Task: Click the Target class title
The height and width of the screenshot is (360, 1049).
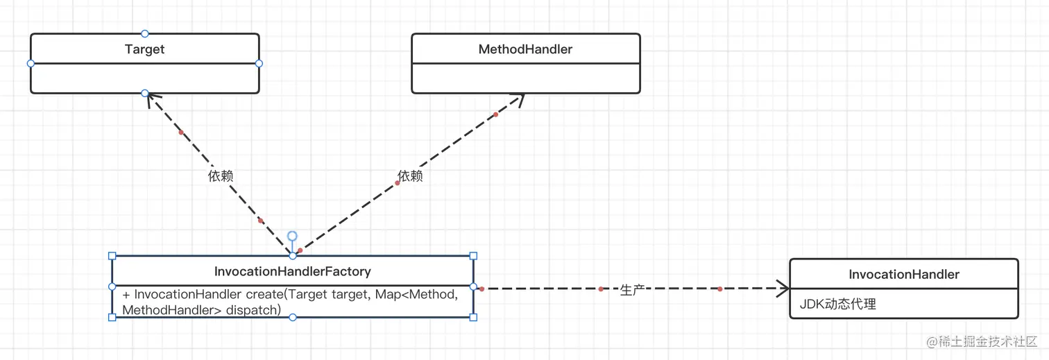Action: point(144,49)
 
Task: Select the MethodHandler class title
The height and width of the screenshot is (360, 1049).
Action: point(525,49)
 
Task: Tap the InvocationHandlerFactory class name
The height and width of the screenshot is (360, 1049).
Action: point(292,271)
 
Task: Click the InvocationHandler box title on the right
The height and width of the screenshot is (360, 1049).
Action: point(903,275)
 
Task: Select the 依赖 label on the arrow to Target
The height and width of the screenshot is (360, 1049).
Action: point(220,176)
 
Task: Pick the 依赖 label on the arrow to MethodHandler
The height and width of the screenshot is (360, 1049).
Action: point(410,176)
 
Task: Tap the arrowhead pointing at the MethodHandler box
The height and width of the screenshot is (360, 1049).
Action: point(519,98)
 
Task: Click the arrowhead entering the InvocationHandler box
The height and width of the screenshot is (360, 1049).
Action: point(784,288)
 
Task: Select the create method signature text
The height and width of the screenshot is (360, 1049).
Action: point(290,302)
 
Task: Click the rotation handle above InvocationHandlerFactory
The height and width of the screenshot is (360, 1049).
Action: point(292,237)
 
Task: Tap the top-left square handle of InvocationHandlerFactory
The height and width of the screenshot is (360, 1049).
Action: point(112,256)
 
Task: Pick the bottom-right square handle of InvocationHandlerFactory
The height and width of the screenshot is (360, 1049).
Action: point(473,317)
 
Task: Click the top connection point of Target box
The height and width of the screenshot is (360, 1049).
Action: point(144,33)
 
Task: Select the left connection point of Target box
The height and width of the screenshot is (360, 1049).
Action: point(31,63)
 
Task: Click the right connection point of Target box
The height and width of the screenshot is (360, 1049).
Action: point(259,63)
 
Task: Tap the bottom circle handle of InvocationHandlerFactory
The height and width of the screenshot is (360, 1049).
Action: point(292,317)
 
